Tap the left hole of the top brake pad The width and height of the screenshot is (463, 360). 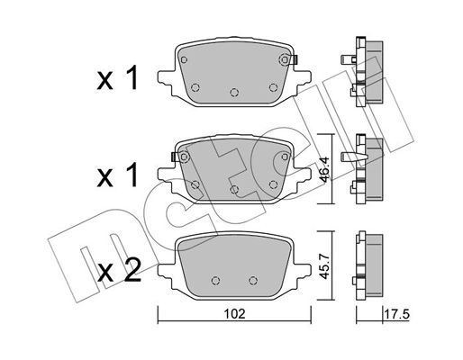click(195, 86)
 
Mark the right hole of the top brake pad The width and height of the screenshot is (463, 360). click(273, 86)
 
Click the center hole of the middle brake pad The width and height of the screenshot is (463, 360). click(234, 190)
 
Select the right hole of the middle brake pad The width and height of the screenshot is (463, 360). click(273, 184)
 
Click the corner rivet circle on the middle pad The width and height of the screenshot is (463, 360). click(184, 157)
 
